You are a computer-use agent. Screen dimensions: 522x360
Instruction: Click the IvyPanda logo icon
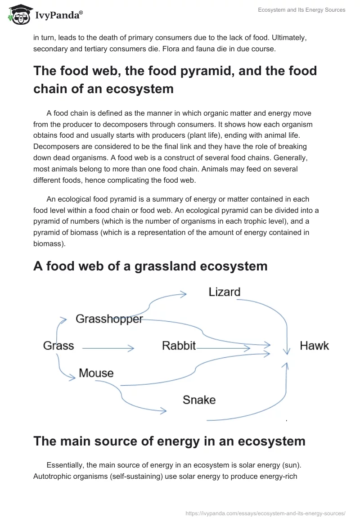tap(18, 14)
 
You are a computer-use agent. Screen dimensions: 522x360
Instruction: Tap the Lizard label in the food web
tap(224, 292)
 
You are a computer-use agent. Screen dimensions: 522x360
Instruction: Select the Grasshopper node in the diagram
tap(109, 319)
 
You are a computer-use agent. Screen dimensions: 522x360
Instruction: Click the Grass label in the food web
tap(58, 346)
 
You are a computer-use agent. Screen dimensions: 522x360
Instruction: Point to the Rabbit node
tap(179, 346)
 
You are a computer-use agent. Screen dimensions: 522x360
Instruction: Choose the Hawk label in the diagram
tap(314, 346)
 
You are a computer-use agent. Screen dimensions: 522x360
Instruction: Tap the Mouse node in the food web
tap(96, 373)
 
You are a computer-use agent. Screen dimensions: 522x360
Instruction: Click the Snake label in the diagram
tap(199, 400)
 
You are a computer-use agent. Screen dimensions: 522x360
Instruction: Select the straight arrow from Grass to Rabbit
tap(108, 348)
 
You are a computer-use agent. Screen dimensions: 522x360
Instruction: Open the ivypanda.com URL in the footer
tap(265, 513)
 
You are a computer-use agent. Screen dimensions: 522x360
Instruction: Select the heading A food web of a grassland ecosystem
tap(150, 266)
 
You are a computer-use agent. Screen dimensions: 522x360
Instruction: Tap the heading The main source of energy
tap(169, 441)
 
